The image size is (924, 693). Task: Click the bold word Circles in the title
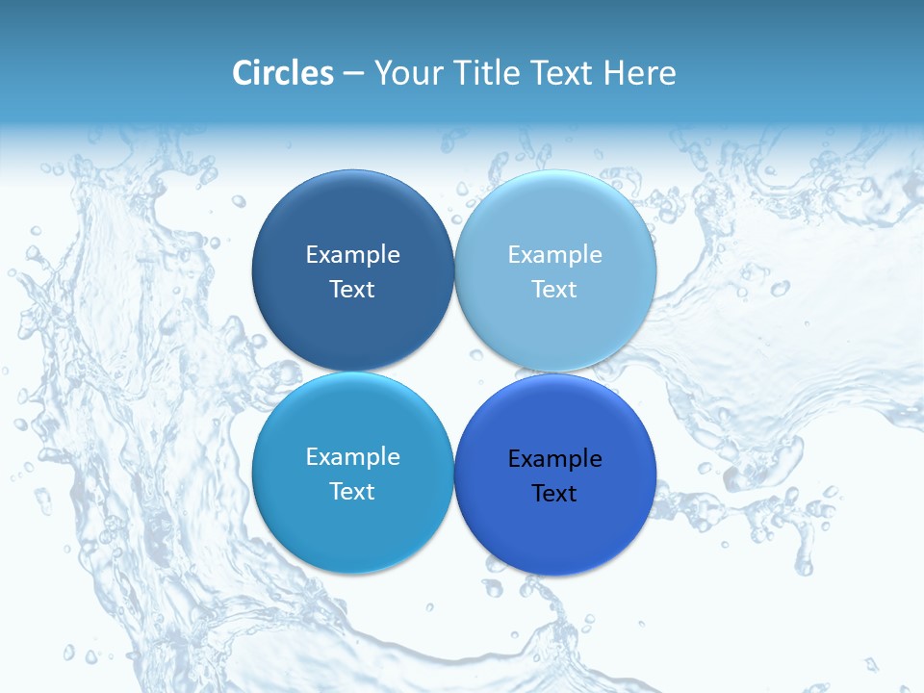click(283, 73)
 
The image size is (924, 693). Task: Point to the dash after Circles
click(353, 74)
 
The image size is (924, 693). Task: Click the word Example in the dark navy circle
click(352, 255)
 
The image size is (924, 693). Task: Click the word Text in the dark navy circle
click(352, 290)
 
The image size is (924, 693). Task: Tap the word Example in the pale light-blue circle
click(554, 255)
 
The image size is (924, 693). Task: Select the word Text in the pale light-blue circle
click(554, 290)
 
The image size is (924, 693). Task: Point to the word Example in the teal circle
click(352, 457)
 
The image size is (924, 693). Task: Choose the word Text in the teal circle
click(352, 492)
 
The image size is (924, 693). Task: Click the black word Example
click(554, 459)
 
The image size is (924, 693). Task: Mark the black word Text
click(554, 494)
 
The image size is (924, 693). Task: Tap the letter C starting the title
click(243, 73)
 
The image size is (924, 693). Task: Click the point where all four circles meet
click(453, 372)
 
